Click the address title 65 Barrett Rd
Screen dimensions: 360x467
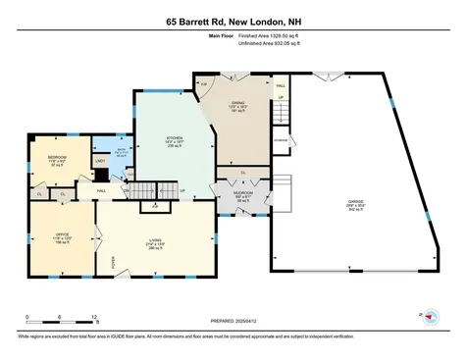233,20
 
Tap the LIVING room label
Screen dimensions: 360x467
155,240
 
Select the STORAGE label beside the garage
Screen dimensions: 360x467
282,140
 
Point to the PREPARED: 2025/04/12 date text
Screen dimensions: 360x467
233,320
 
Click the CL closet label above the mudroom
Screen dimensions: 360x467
242,174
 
